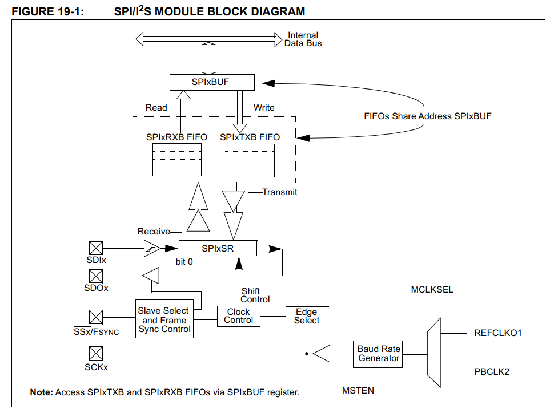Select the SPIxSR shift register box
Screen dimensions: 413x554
pyautogui.click(x=218, y=249)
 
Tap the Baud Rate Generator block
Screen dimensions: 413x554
pyautogui.click(x=379, y=354)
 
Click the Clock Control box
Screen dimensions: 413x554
pyautogui.click(x=238, y=316)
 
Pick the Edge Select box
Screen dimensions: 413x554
pyautogui.click(x=307, y=316)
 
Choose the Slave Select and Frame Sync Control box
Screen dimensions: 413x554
pyautogui.click(x=163, y=320)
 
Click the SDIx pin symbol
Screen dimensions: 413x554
pyautogui.click(x=96, y=248)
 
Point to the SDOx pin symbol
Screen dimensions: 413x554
pyautogui.click(x=96, y=276)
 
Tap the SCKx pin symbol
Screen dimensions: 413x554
pyautogui.click(x=96, y=354)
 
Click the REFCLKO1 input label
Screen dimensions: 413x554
pyautogui.click(x=498, y=333)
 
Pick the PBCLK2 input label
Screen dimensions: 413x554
pyautogui.click(x=491, y=372)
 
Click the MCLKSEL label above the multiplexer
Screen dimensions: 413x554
pyautogui.click(x=432, y=290)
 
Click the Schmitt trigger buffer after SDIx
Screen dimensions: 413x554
pyautogui.click(x=151, y=248)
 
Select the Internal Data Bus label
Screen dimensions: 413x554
pyautogui.click(x=303, y=39)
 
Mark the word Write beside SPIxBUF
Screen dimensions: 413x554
pyautogui.click(x=263, y=108)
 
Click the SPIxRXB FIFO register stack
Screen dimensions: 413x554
pyautogui.click(x=177, y=160)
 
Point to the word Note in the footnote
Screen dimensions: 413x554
pyautogui.click(x=41, y=392)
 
